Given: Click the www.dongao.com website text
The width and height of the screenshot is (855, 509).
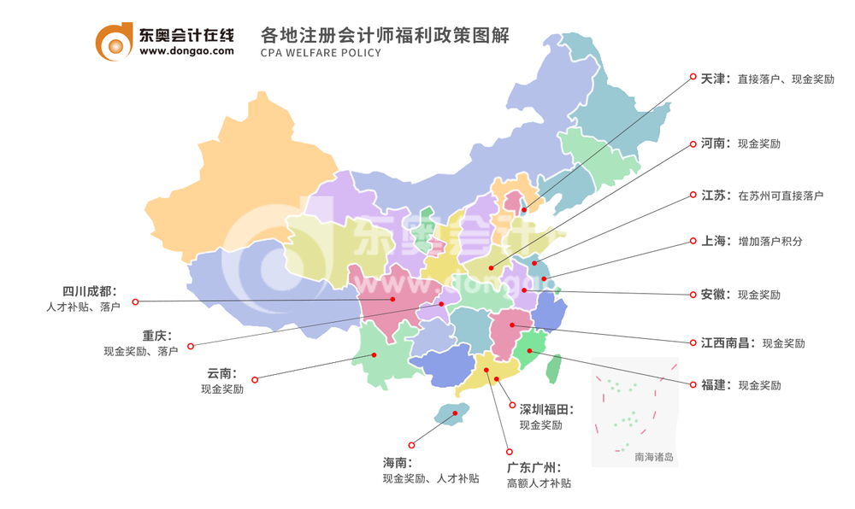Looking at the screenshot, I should point(186,51).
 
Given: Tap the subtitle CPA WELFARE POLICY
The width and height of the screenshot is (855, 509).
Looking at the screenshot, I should point(321,53).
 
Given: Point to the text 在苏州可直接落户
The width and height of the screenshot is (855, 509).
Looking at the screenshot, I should point(781,196).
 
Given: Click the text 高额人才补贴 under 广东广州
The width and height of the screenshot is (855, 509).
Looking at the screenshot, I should point(539,483).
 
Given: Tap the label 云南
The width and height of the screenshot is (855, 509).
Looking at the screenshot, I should point(221,374).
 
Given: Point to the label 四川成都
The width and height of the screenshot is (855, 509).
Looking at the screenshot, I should point(89,290).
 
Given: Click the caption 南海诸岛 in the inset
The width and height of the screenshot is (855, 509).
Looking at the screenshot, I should point(654,457).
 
